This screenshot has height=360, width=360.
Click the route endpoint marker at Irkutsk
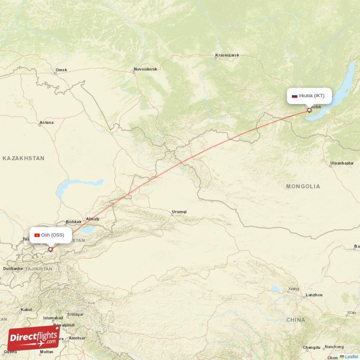pyautogui.click(x=309, y=110)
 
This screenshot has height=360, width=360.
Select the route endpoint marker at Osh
pyautogui.click(x=50, y=249)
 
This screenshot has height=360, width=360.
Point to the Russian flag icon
pyautogui.click(x=295, y=96)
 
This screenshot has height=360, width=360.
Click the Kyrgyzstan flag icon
pyautogui.click(x=37, y=235)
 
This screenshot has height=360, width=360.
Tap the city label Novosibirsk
pyautogui.click(x=145, y=70)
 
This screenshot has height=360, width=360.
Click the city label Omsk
pyautogui.click(x=61, y=70)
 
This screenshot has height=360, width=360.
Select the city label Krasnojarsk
pyautogui.click(x=227, y=55)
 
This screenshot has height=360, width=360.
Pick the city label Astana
pyautogui.click(x=46, y=122)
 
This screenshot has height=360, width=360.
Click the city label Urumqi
pyautogui.click(x=179, y=211)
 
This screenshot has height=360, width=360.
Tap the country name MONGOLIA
pyautogui.click(x=303, y=186)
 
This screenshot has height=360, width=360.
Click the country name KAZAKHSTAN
pyautogui.click(x=23, y=158)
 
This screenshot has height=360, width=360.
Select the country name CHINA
pyautogui.click(x=295, y=320)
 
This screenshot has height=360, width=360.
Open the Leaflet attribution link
pyautogui.click(x=351, y=356)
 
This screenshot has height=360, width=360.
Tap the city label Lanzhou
pyautogui.click(x=314, y=295)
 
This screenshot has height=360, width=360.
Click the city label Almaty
pyautogui.click(x=92, y=219)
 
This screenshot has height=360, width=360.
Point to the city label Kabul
pyautogui.click(x=26, y=310)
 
